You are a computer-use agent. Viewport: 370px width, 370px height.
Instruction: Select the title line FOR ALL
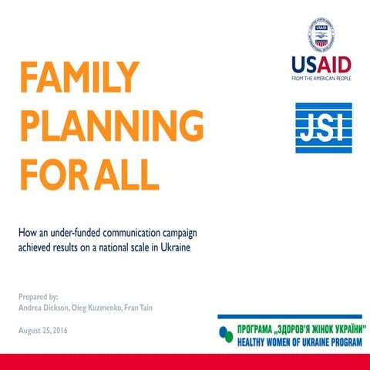coord(89,173)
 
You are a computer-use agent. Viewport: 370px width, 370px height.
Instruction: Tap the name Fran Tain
coord(157,308)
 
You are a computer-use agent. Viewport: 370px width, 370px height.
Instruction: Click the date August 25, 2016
coord(49,330)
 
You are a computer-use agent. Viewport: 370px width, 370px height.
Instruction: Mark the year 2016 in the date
coord(70,330)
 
